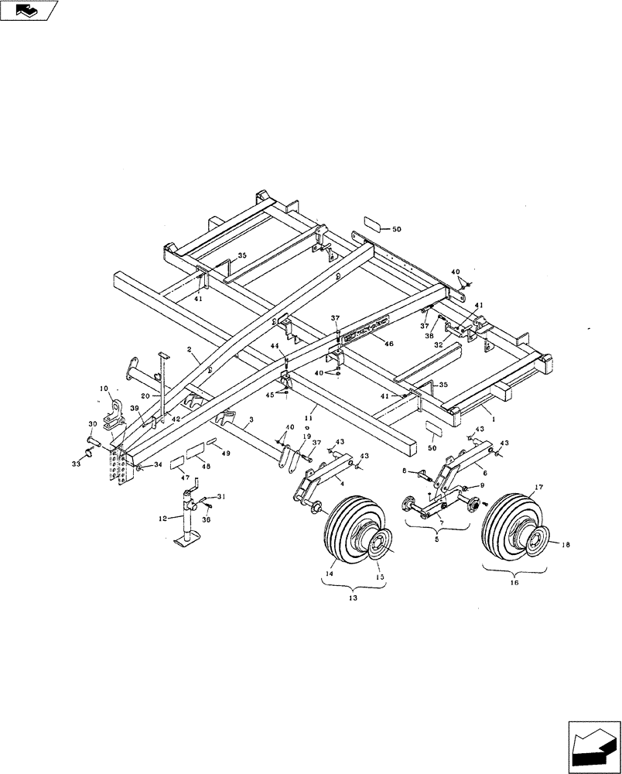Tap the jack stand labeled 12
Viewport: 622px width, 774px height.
187,525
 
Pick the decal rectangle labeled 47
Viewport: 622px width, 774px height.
176,463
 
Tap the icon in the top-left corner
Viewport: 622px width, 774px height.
29,10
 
